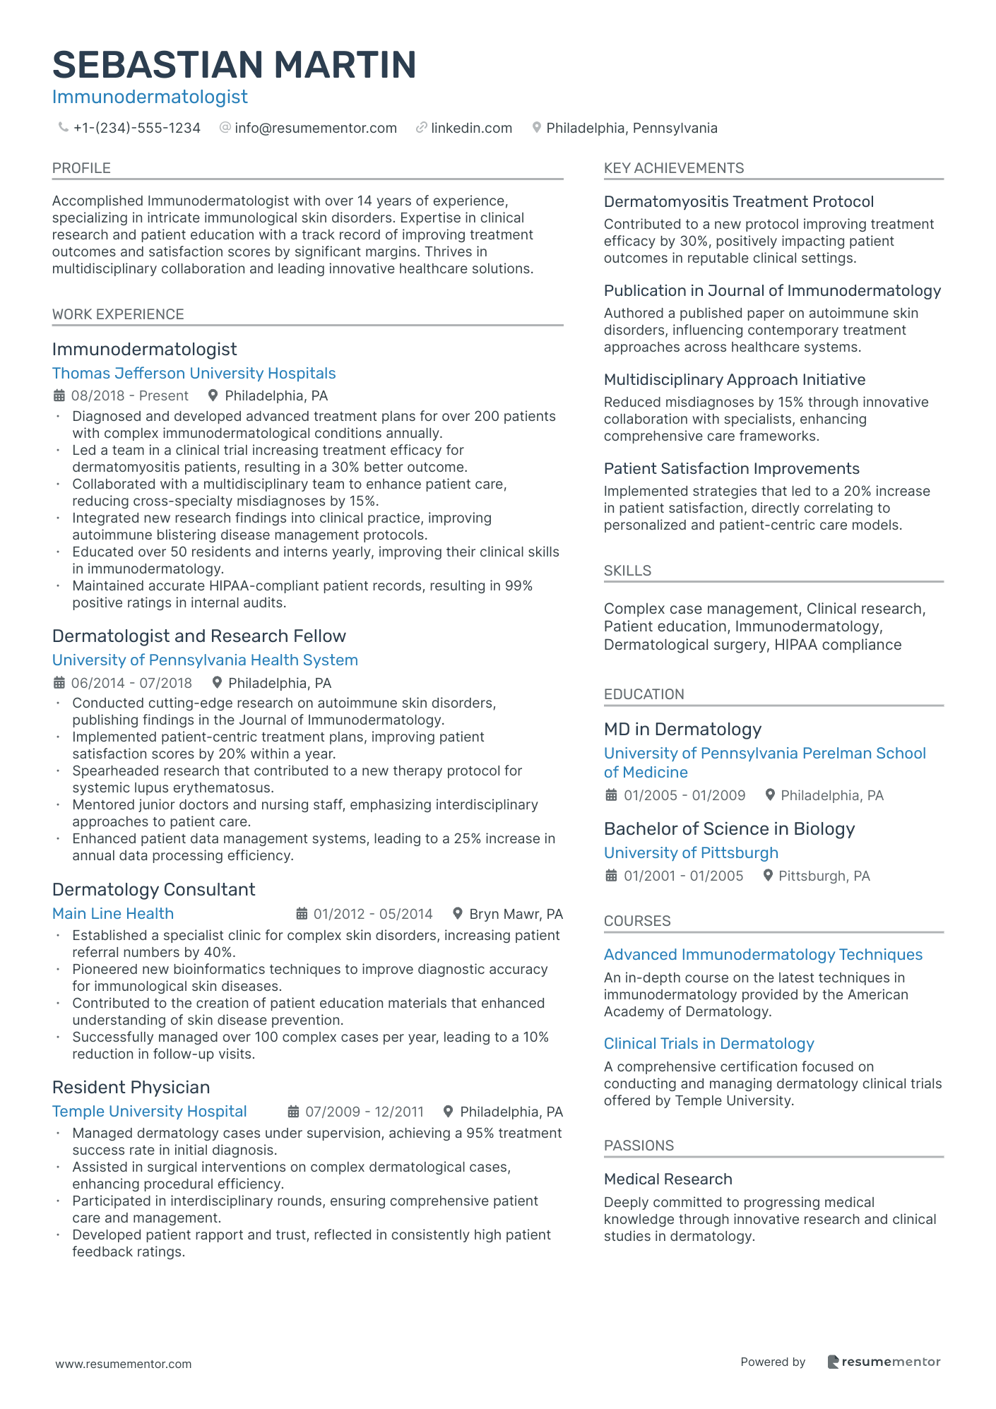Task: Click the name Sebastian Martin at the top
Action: [x=234, y=65]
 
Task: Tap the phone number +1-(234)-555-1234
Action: [x=136, y=128]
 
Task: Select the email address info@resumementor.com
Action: [x=315, y=128]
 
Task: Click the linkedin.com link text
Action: [x=471, y=128]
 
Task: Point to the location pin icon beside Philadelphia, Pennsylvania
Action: [x=537, y=128]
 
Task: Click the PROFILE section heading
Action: [x=81, y=168]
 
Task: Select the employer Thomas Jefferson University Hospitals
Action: [x=194, y=373]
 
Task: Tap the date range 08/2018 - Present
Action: [x=129, y=396]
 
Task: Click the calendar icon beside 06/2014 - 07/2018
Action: [x=59, y=683]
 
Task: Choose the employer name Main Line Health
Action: [x=113, y=913]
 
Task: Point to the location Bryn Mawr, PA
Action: [x=516, y=914]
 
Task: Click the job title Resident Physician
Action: [x=131, y=1087]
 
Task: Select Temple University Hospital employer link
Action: [x=149, y=1111]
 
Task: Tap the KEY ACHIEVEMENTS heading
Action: [x=673, y=168]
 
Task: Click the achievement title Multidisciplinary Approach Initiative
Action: [x=734, y=379]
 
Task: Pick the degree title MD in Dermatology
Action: [x=682, y=729]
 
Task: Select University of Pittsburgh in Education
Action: [x=691, y=852]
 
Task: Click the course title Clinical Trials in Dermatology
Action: [x=709, y=1043]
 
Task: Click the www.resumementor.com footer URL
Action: [x=124, y=1364]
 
